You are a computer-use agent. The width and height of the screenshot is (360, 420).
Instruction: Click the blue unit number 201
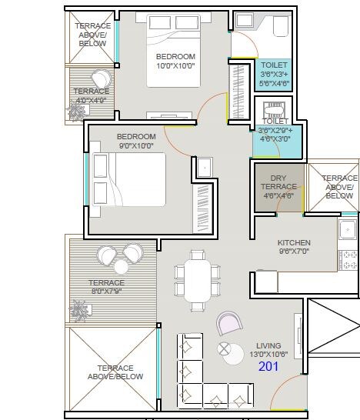click(268, 368)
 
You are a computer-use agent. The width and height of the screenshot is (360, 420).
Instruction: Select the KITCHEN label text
click(294, 242)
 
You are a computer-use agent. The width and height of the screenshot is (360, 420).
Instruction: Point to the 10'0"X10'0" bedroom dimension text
click(175, 67)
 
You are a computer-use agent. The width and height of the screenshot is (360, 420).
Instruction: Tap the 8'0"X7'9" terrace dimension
click(105, 292)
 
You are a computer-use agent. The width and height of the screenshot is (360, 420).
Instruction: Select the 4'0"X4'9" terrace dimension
click(91, 99)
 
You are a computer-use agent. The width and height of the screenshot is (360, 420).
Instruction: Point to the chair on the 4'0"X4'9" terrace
click(101, 78)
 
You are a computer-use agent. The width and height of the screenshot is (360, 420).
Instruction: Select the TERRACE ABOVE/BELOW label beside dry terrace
click(339, 186)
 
